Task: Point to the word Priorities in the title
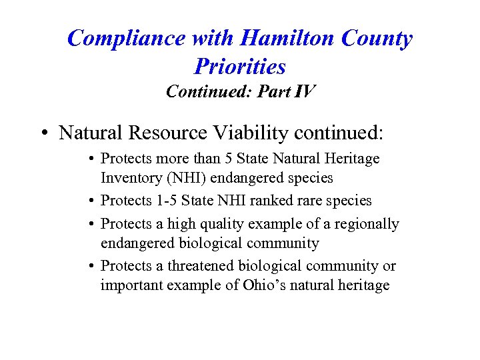[240, 66]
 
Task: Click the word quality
[215, 224]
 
